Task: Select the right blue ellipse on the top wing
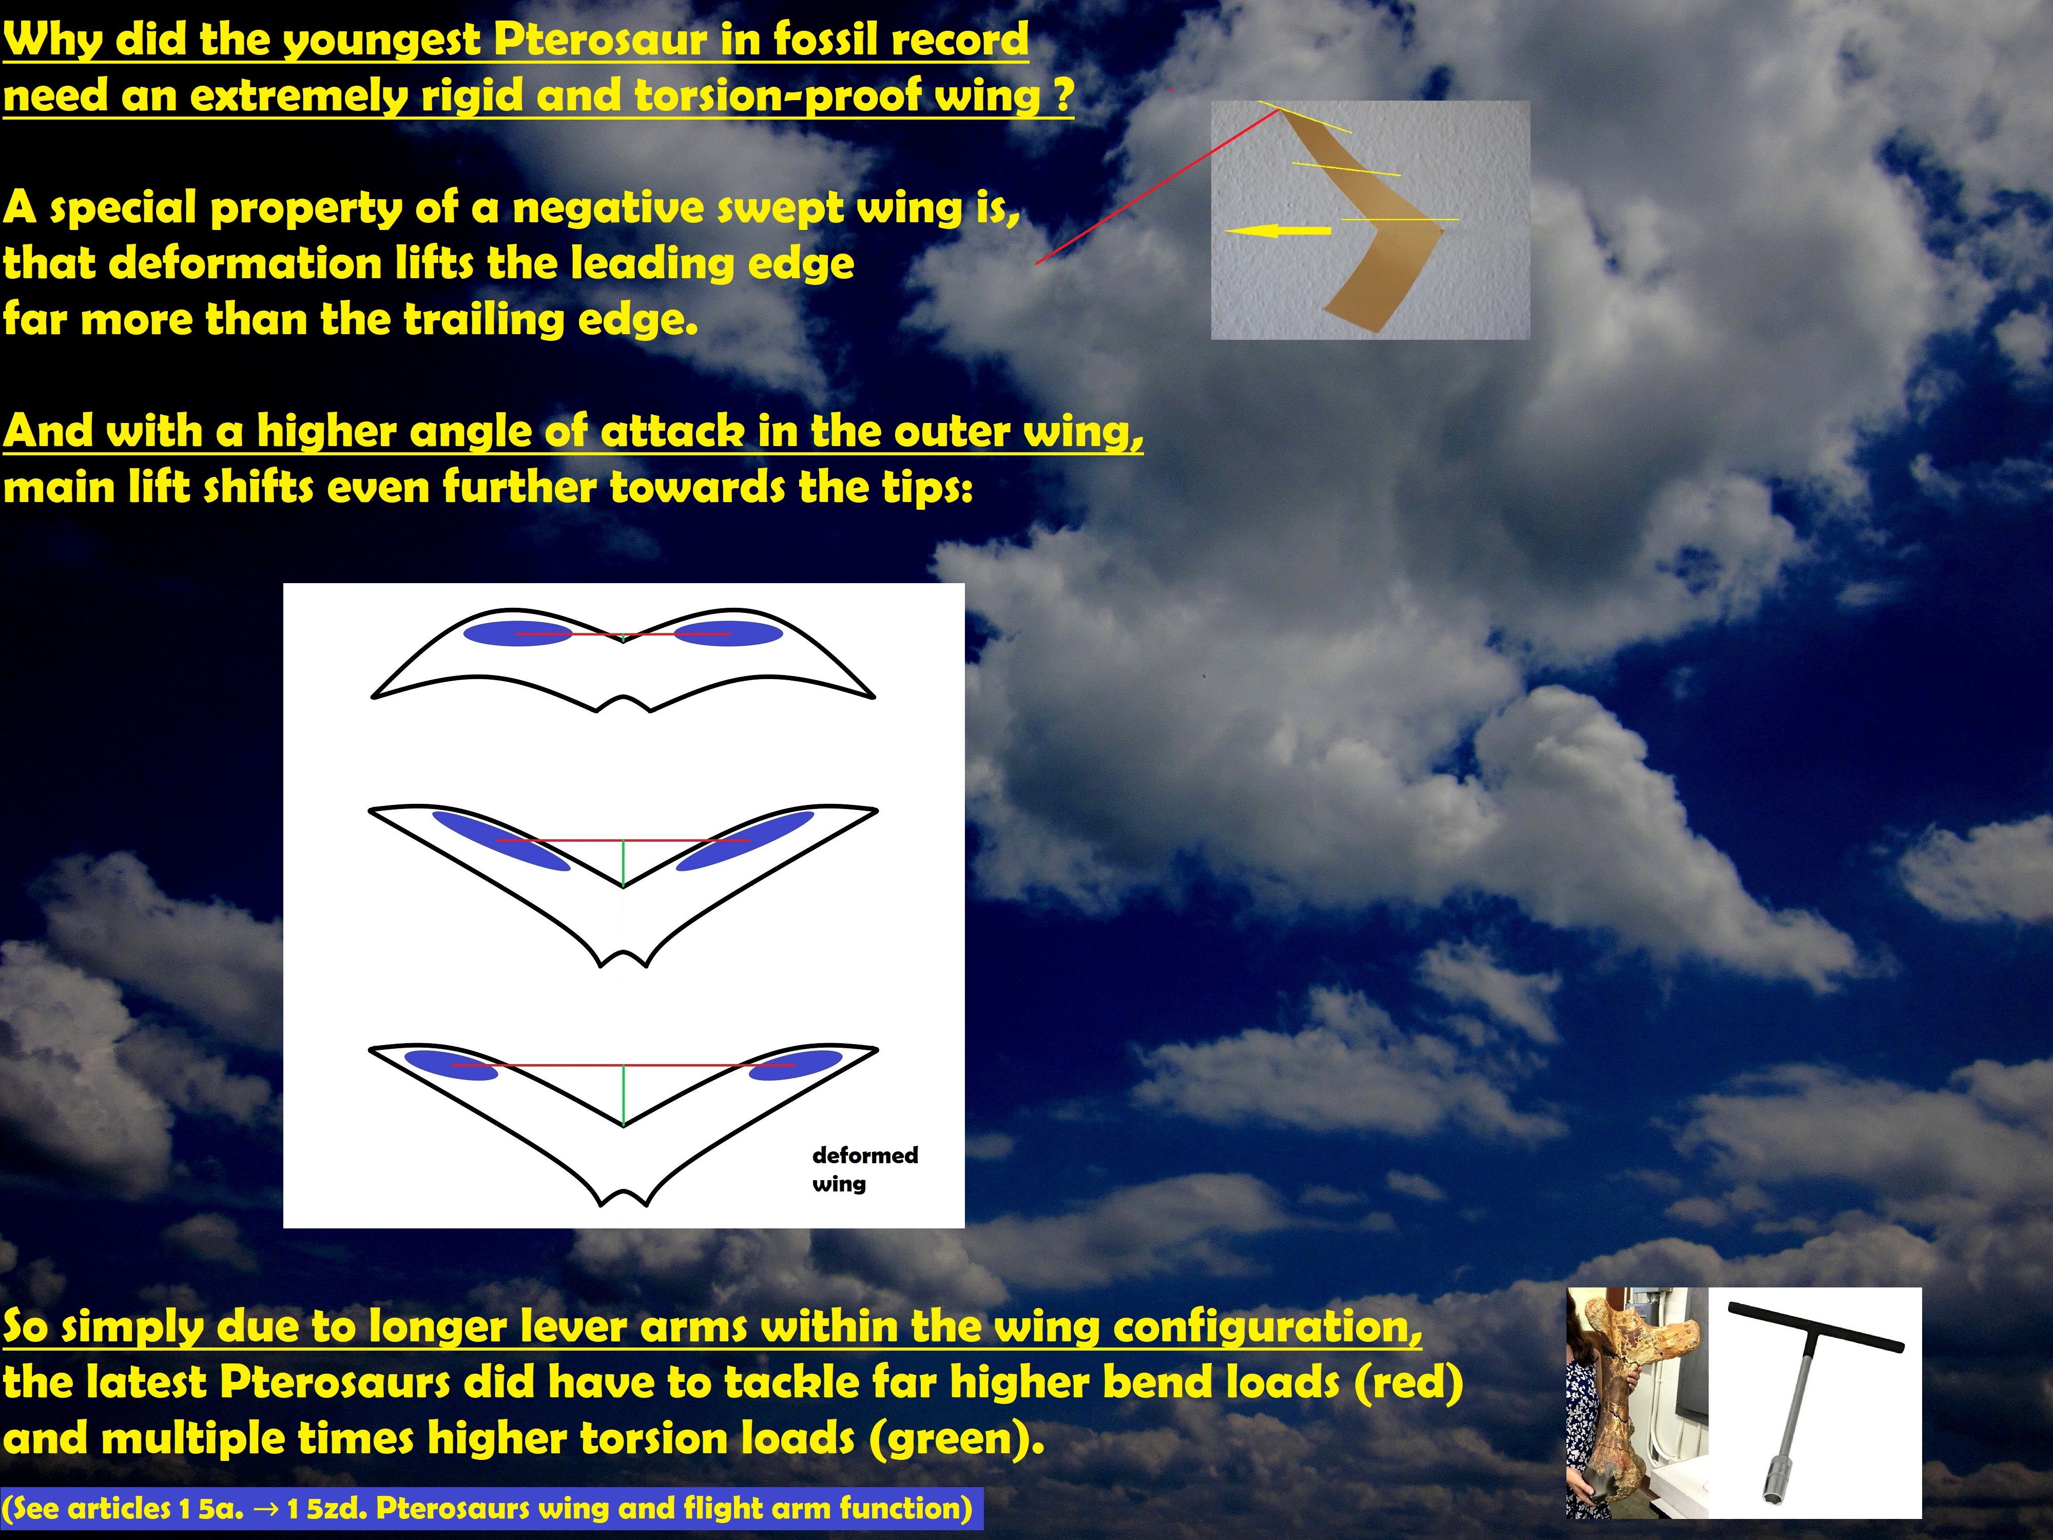(728, 633)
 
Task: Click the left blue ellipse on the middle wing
(501, 841)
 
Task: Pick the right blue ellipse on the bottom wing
(796, 1065)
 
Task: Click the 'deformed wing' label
(865, 1169)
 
